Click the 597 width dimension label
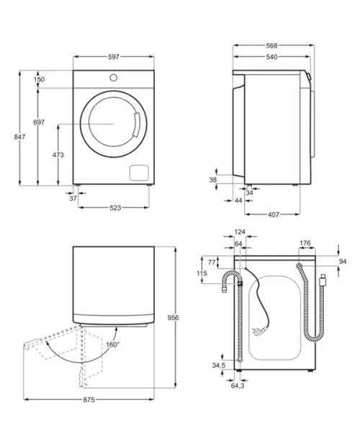click(x=113, y=57)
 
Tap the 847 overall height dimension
click(x=19, y=137)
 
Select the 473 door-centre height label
click(x=58, y=155)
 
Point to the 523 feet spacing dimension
click(x=115, y=208)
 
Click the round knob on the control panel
click(x=114, y=78)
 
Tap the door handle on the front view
click(x=137, y=124)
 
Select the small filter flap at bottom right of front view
click(x=139, y=173)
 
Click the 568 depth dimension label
click(x=271, y=45)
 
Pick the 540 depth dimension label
click(x=271, y=57)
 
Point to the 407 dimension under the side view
click(x=273, y=214)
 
